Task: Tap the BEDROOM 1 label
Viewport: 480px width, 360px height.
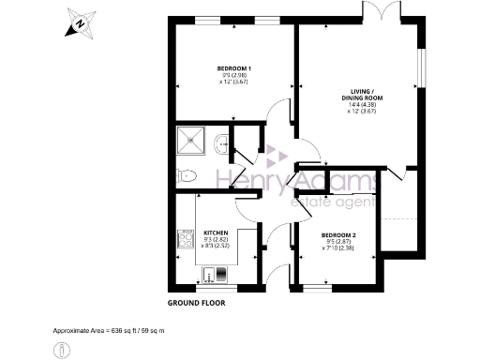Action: [233, 69]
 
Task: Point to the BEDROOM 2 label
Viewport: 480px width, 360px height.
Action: [338, 235]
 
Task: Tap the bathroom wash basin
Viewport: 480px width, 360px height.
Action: [220, 143]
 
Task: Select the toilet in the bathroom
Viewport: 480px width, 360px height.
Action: [186, 174]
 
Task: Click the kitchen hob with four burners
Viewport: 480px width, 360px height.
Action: [184, 239]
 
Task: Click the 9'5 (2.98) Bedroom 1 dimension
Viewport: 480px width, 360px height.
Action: [233, 77]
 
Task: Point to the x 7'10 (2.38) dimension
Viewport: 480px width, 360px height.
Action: [338, 249]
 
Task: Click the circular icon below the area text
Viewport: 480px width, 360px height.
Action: [62, 349]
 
